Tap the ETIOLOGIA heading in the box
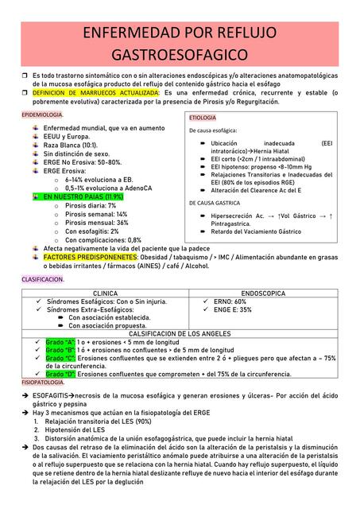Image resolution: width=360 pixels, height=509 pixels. pyautogui.click(x=203, y=118)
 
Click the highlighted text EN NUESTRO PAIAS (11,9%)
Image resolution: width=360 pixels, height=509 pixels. pyautogui.click(x=83, y=196)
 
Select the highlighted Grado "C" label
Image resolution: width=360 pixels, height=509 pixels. pyautogui.click(x=60, y=358)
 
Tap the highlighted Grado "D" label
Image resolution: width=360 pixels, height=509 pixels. pyautogui.click(x=60, y=374)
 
